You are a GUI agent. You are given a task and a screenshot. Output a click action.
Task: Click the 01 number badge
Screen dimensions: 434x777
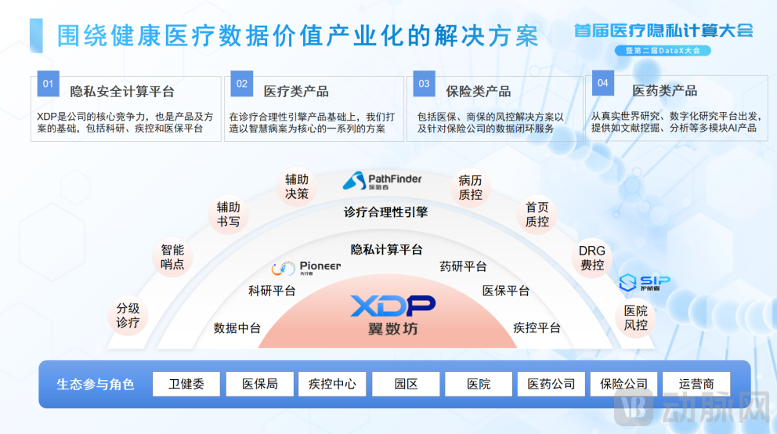(x=48, y=84)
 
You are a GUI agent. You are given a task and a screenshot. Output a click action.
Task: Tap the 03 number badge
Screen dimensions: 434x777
(x=424, y=84)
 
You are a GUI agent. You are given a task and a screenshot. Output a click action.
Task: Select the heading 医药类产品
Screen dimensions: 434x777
(x=664, y=91)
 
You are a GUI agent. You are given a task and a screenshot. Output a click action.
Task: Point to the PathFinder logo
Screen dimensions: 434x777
(x=382, y=181)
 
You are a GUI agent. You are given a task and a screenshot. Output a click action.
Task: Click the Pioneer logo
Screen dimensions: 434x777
(x=306, y=268)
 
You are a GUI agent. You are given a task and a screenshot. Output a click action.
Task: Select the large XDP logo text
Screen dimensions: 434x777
(x=392, y=306)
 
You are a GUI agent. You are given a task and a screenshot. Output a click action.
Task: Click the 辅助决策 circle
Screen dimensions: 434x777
(x=297, y=186)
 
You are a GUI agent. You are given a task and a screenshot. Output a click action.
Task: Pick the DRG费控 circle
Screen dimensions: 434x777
(x=592, y=259)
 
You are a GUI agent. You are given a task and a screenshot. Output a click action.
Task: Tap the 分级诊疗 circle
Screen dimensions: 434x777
(x=128, y=316)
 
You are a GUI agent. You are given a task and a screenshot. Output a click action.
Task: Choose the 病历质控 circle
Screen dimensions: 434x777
(x=471, y=186)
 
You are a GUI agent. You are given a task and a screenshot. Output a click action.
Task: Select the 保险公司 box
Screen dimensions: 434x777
(x=623, y=384)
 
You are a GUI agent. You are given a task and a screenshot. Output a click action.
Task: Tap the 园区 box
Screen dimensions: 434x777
(x=405, y=384)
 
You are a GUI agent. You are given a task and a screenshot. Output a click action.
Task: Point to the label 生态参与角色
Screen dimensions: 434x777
(x=96, y=385)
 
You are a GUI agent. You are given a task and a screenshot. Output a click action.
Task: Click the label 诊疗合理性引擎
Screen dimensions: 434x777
(x=386, y=212)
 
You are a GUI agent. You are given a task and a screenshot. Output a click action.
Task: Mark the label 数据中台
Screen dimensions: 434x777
(x=237, y=328)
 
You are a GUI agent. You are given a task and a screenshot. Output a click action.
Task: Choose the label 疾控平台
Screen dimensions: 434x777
(x=537, y=327)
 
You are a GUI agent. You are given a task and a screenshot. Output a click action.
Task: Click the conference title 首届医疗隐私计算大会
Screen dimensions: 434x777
(x=663, y=31)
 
